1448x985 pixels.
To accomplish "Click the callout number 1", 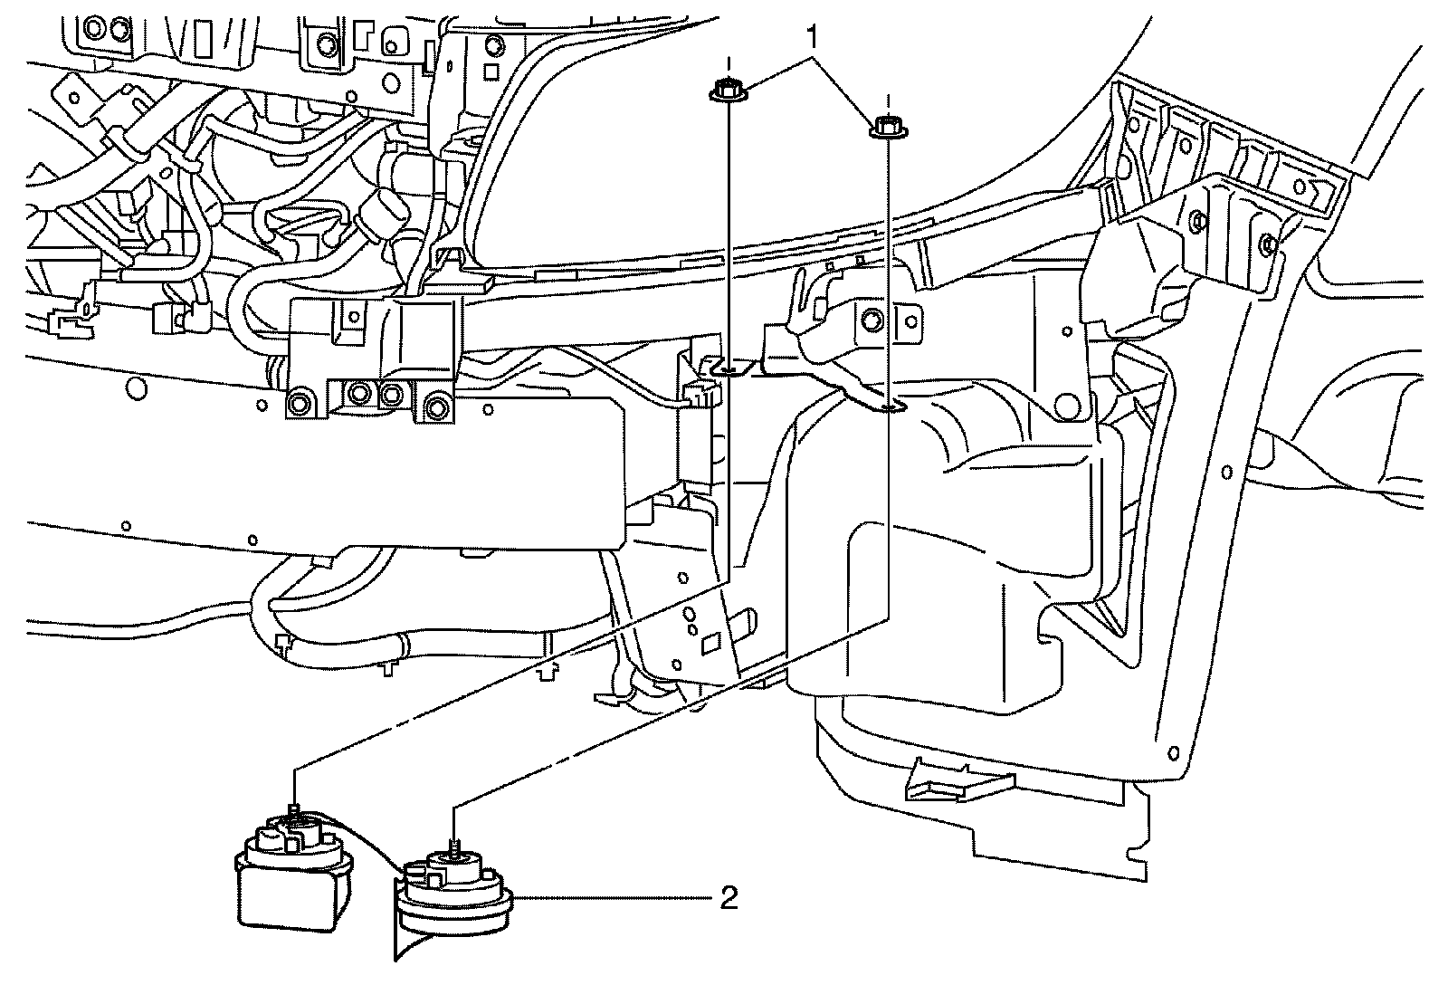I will [x=813, y=37].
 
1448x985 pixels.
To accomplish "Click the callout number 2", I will [x=729, y=898].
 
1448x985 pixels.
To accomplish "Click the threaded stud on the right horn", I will [x=454, y=845].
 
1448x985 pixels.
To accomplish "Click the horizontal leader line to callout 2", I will [x=615, y=898].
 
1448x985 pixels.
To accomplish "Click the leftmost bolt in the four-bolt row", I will [x=296, y=403].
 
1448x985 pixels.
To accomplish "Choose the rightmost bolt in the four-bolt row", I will [x=437, y=405].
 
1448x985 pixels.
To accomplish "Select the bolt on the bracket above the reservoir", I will [x=872, y=320].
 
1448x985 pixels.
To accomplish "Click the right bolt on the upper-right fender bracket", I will [x=1267, y=242].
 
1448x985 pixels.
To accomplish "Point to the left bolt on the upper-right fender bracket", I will [x=1196, y=220].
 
